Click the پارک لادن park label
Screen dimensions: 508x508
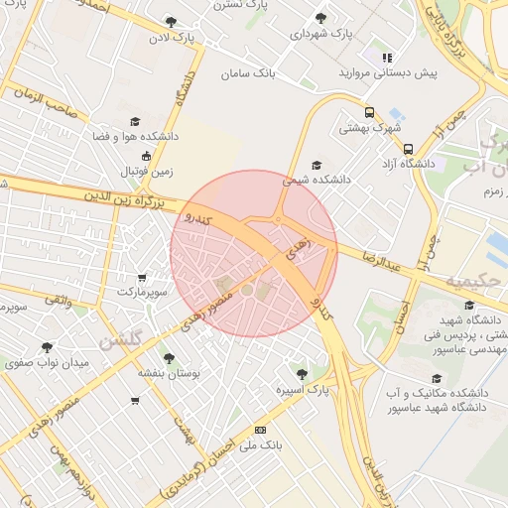170,38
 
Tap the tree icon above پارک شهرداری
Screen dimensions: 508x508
319,18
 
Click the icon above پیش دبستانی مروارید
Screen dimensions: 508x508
388,58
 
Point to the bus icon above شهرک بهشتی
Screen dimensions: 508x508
369,112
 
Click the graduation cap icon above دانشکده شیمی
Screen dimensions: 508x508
317,165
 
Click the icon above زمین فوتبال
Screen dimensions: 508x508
147,156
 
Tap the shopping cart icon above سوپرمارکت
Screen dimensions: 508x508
142,278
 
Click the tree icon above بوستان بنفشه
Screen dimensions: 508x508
170,357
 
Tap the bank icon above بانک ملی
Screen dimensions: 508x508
260,430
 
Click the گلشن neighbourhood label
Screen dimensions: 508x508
119,340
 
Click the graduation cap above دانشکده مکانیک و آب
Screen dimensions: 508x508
438,378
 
